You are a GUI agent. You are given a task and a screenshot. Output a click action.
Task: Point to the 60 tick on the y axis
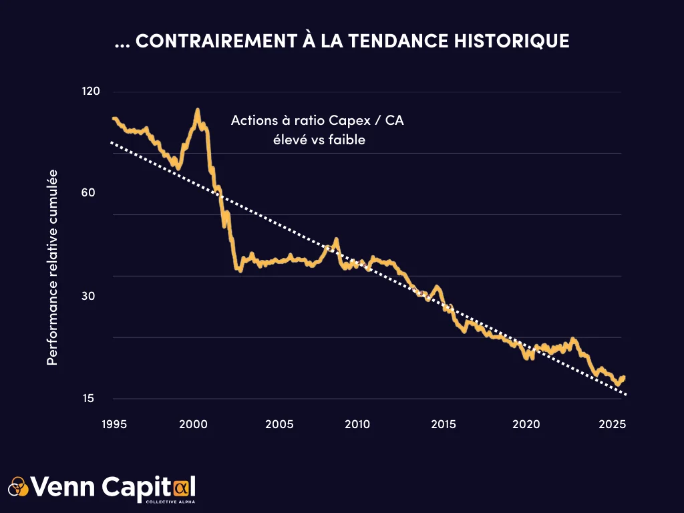pyautogui.click(x=92, y=193)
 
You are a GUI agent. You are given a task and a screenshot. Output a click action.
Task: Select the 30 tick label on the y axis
pyautogui.click(x=92, y=296)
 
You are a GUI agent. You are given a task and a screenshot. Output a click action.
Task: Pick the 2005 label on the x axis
pyautogui.click(x=279, y=424)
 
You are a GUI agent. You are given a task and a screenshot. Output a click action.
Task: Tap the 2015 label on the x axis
pyautogui.click(x=444, y=424)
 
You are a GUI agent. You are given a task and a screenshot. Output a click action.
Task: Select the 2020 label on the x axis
pyautogui.click(x=526, y=424)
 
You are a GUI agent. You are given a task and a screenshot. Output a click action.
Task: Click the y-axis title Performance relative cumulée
pyautogui.click(x=52, y=267)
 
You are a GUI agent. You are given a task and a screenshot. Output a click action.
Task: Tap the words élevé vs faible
pyautogui.click(x=317, y=140)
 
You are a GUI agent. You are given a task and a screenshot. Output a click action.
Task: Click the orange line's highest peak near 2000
pyautogui.click(x=197, y=110)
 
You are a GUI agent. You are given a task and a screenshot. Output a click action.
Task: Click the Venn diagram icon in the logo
pyautogui.click(x=19, y=486)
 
